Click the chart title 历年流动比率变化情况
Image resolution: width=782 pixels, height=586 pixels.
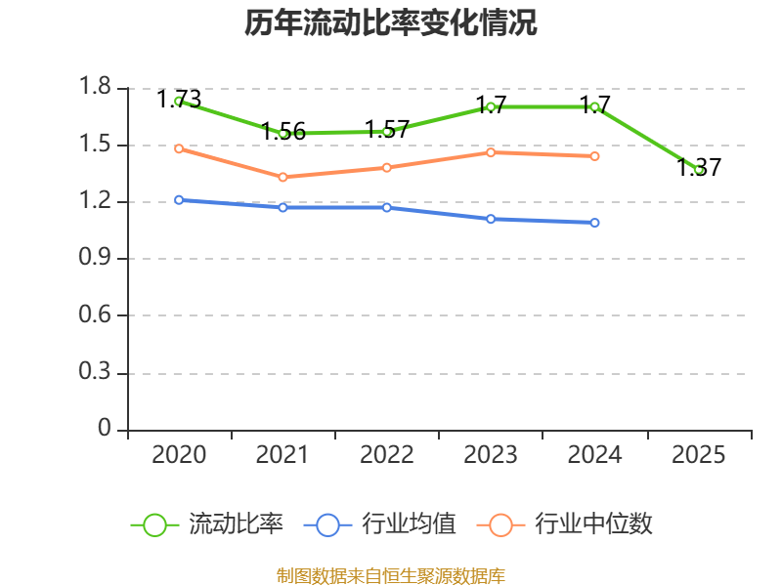391,23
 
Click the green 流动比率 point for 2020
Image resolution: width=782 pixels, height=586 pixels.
179,101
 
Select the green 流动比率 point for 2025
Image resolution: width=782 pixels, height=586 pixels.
699,170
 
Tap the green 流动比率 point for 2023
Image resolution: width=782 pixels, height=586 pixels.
491,106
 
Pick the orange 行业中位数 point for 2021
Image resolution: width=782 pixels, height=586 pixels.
282,177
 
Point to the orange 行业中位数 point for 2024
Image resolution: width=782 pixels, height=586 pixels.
594,156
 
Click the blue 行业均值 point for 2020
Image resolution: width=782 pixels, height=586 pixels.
179,200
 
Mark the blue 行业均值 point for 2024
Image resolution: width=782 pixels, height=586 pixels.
594,223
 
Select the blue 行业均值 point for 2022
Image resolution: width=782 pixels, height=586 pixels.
387,207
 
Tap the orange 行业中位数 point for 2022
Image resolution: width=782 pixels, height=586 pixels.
387,167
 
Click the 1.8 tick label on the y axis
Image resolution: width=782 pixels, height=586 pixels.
98,88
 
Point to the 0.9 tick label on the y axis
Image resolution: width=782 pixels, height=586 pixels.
98,259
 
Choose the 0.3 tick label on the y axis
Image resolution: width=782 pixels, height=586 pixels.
98,373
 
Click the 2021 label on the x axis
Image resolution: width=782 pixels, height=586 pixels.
282,455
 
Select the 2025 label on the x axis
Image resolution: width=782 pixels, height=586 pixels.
699,455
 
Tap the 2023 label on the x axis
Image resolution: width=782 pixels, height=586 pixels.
491,455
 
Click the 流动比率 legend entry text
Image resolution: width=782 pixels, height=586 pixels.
236,524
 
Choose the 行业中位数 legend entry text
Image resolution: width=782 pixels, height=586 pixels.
593,524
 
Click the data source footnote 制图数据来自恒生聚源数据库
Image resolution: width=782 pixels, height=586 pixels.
391,575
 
